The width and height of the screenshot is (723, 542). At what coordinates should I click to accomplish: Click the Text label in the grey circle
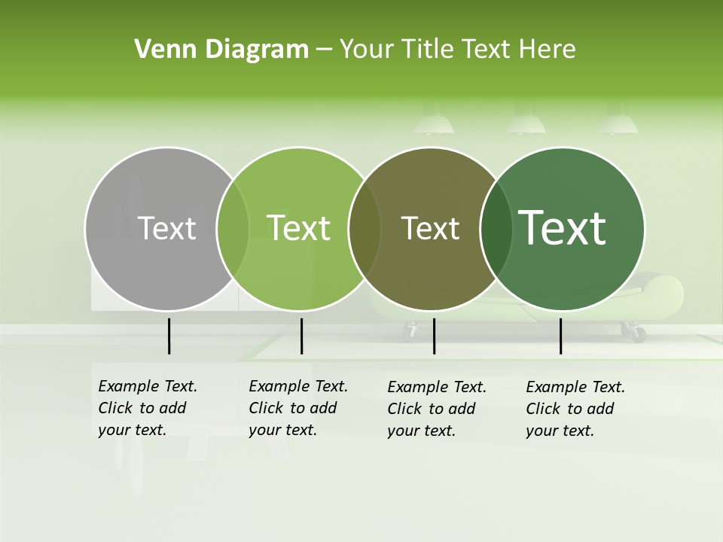(x=166, y=228)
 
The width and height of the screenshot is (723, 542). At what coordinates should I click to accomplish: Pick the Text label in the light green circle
(x=299, y=228)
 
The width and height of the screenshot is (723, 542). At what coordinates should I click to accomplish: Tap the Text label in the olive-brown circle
(x=430, y=228)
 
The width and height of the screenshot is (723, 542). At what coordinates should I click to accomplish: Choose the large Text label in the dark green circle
(x=563, y=228)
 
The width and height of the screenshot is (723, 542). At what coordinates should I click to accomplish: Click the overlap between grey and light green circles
(x=233, y=229)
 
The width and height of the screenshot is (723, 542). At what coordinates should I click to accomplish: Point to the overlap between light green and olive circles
(x=365, y=229)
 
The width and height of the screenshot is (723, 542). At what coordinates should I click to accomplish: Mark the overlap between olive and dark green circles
(x=496, y=229)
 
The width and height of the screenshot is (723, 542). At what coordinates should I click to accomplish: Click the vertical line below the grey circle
(x=169, y=336)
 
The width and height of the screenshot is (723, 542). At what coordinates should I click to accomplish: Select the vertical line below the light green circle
(x=301, y=336)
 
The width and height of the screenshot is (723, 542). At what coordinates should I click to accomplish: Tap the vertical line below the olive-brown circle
(x=434, y=336)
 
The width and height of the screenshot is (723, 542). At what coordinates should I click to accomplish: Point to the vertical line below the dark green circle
(x=560, y=336)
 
